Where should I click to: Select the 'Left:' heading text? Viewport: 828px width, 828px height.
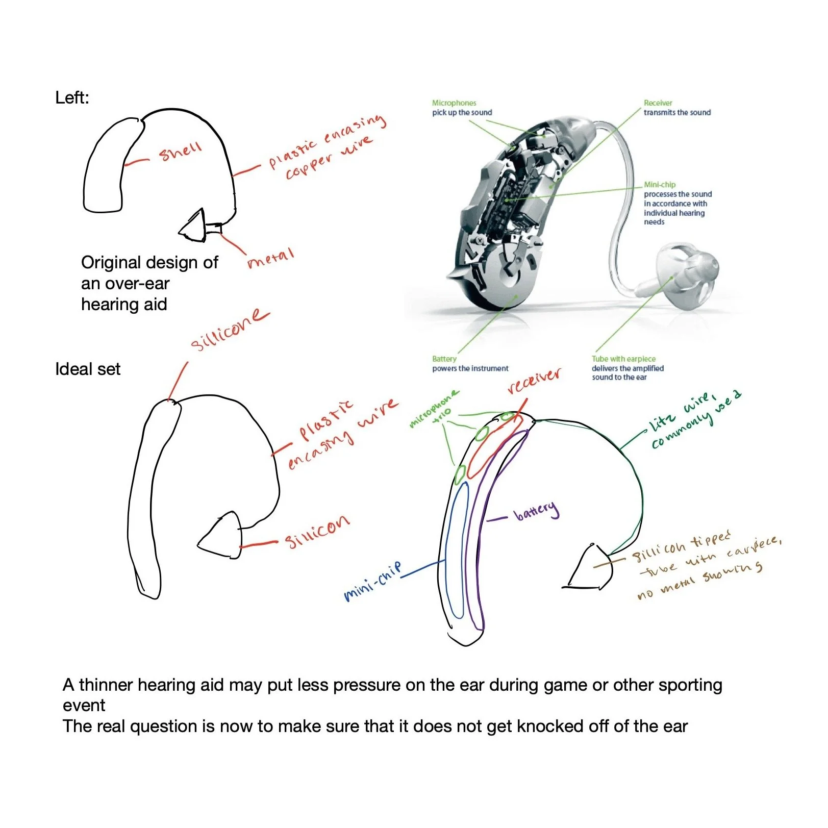click(72, 97)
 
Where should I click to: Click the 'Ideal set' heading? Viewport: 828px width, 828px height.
click(88, 369)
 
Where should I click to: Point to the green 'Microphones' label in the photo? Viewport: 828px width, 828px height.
click(454, 103)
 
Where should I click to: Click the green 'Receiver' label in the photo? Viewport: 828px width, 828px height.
click(658, 103)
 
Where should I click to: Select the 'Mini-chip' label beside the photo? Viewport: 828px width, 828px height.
click(659, 185)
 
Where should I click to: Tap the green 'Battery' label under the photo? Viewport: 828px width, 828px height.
click(444, 359)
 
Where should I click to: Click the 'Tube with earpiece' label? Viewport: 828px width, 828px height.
click(623, 359)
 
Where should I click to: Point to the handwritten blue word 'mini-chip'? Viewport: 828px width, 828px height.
click(372, 582)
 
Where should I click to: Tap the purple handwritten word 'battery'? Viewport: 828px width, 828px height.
click(536, 510)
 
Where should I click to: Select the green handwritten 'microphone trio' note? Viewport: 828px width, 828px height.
click(434, 408)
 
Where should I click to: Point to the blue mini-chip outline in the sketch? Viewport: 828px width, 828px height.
click(457, 551)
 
